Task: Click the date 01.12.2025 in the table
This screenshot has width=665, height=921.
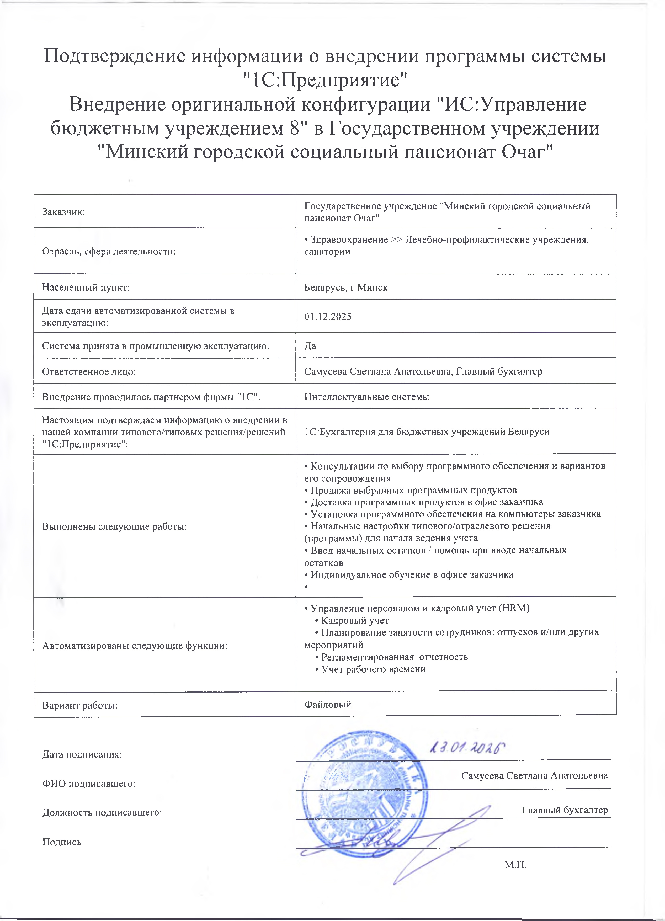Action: click(x=328, y=316)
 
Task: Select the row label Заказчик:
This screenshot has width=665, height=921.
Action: click(x=63, y=212)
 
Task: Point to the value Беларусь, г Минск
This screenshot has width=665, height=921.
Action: click(x=346, y=288)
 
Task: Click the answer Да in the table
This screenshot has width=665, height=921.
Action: click(x=310, y=346)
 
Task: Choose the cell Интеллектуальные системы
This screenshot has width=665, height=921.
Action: click(x=367, y=397)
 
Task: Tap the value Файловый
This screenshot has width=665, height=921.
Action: click(x=328, y=705)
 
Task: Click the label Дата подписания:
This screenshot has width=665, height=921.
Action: click(x=82, y=754)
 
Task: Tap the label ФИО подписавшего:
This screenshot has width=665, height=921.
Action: click(x=88, y=784)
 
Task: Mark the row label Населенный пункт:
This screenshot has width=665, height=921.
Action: click(x=86, y=288)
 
